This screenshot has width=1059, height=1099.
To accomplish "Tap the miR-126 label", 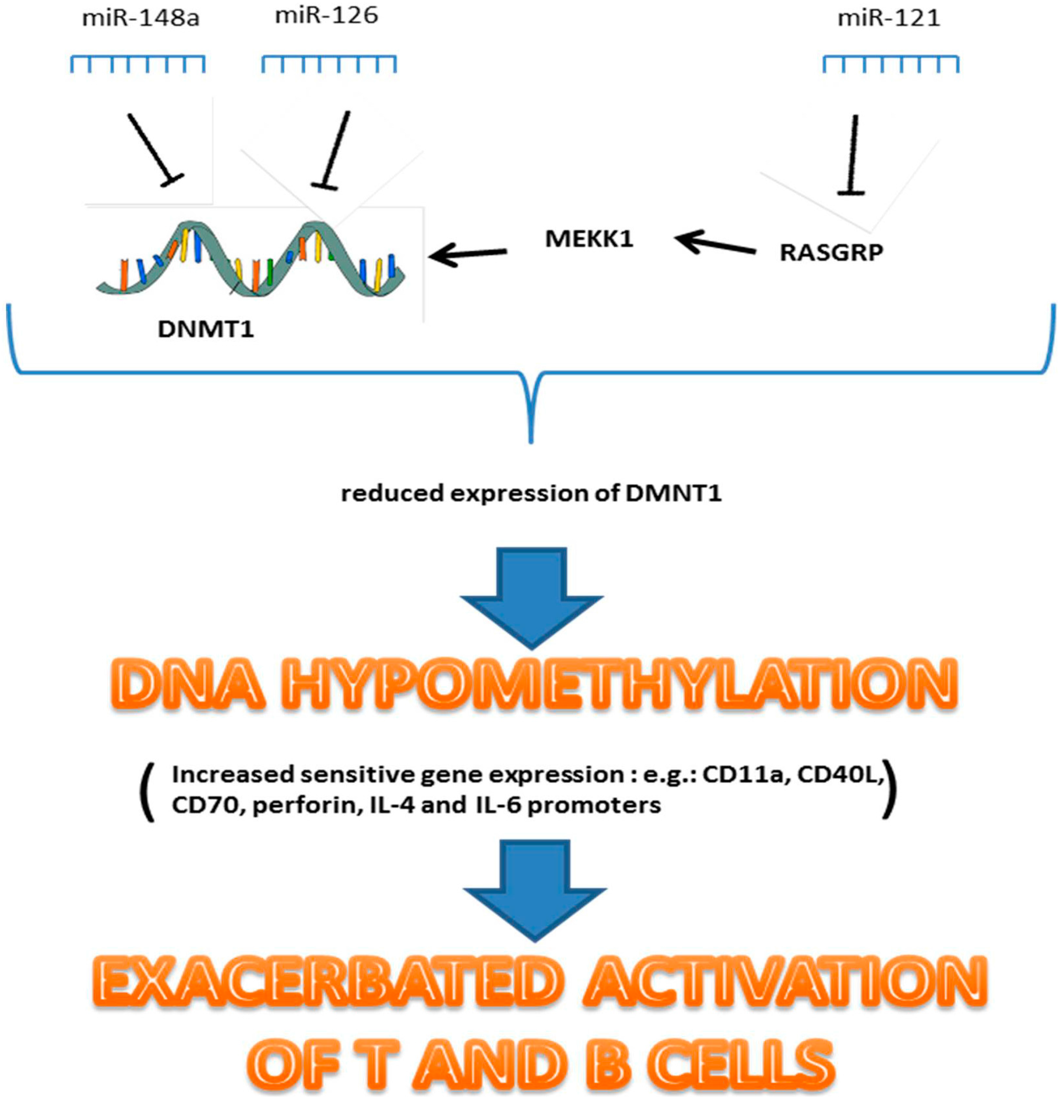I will (326, 16).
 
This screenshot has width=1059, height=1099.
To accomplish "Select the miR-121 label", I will (888, 19).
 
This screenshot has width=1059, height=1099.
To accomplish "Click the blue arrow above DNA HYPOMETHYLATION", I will (531, 597).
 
